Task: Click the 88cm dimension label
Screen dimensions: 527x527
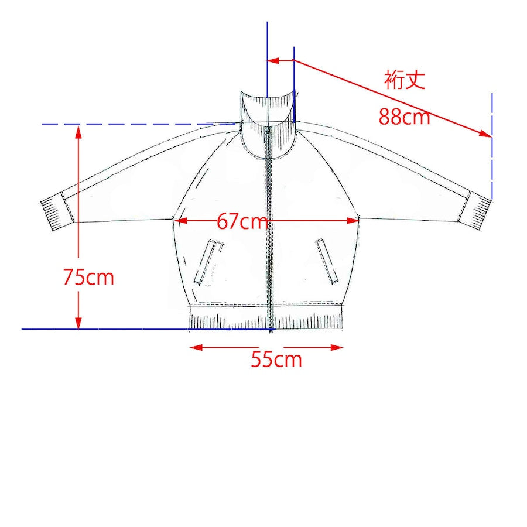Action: coord(404,117)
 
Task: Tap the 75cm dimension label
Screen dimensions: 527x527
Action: coord(89,278)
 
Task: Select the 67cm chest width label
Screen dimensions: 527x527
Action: coord(242,221)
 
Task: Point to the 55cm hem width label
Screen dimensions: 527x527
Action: coord(276,359)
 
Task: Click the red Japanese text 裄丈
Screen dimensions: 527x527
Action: coord(405,80)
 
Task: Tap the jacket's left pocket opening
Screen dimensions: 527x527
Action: coord(209,262)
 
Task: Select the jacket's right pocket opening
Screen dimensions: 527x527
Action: coord(327,262)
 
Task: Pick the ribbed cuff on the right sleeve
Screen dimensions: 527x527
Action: coord(475,210)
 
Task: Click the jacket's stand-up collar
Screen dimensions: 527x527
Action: coord(269,123)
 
